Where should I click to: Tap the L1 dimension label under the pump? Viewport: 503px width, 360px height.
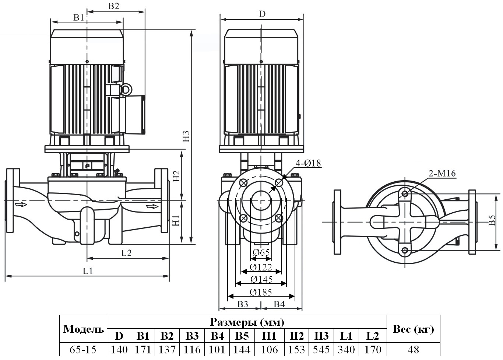[x=88, y=271]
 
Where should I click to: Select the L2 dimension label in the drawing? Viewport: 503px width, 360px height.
[x=126, y=253]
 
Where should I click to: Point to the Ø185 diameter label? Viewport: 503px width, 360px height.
[x=261, y=292]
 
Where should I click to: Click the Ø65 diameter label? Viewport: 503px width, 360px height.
[x=261, y=252]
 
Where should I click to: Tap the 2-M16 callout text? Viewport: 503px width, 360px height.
[x=442, y=173]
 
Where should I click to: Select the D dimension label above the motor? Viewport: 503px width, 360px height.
[x=262, y=14]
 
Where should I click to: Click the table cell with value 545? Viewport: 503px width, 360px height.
[x=321, y=349]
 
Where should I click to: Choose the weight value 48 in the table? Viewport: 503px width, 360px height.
[x=413, y=349]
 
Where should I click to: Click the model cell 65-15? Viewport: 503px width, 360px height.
[x=83, y=349]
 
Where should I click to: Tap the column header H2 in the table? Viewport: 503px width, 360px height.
[x=296, y=336]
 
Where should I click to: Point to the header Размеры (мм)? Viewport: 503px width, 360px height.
[x=247, y=322]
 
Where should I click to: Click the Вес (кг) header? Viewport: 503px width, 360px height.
[x=413, y=329]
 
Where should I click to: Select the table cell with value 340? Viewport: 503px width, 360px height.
[x=347, y=349]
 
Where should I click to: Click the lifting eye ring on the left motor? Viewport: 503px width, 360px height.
[x=126, y=89]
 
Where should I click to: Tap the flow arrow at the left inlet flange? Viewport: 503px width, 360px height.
[x=21, y=204]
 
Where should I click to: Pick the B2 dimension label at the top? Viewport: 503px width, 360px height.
[x=114, y=6]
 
